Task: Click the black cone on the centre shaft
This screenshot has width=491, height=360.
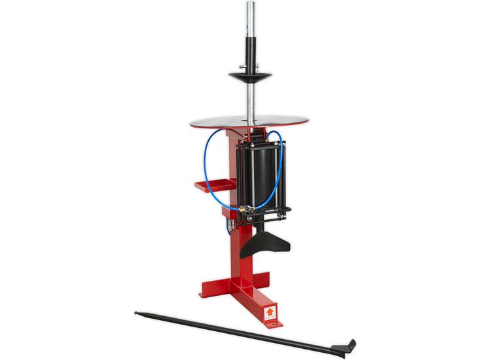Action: point(250,77)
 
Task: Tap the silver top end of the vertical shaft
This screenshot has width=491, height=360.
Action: point(250,13)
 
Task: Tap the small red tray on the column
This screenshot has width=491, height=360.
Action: point(209,187)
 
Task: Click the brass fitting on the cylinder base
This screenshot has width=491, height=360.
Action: point(244,210)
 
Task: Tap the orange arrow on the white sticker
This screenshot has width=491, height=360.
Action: point(269,312)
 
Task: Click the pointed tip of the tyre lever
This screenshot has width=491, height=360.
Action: point(137,312)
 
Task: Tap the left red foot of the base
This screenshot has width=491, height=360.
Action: point(211,288)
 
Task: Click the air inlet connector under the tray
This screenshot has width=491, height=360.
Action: point(228,226)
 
